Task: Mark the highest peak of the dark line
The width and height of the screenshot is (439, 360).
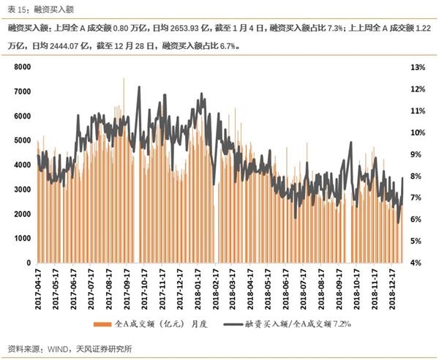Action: (x=139, y=87)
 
